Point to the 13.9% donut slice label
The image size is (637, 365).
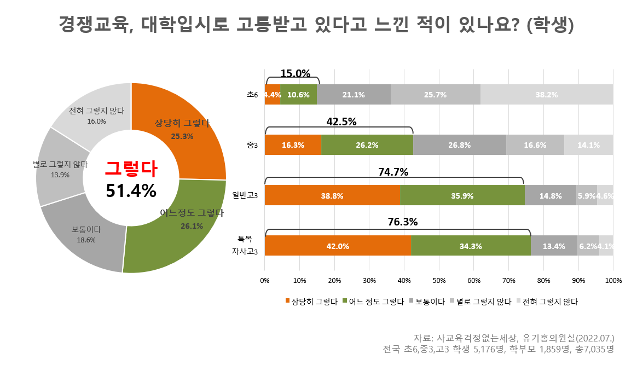60,175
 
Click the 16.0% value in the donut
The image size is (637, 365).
96,121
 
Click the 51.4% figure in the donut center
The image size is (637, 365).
131,190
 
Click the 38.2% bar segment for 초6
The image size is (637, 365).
546,95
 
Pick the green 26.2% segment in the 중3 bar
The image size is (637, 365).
367,146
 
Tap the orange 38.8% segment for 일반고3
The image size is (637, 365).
332,196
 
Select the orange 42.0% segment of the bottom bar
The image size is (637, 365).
338,246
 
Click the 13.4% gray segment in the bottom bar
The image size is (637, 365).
553,246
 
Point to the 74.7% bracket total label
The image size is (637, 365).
393,172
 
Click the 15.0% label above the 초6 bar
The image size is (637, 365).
295,73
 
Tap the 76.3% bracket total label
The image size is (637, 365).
403,222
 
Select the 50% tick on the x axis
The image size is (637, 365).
439,281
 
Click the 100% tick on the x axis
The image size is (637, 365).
613,281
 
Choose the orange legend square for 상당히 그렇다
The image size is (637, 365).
287,301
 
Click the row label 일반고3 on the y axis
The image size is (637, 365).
245,195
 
